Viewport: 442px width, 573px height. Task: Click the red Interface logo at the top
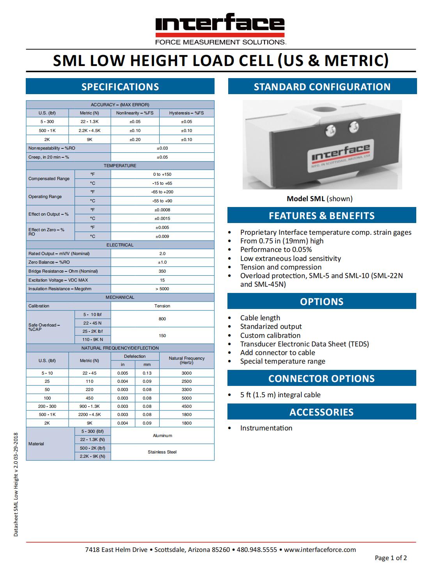(220, 24)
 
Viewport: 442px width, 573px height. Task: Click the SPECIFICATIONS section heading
(120, 87)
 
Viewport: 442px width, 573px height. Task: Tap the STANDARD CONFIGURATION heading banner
(322, 87)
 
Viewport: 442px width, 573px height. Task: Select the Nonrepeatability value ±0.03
(162, 148)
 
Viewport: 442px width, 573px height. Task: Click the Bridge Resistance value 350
(162, 271)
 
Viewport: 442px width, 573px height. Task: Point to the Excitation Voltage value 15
(162, 280)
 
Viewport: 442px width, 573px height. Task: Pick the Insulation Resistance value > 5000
(162, 289)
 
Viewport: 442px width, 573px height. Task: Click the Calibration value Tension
(162, 306)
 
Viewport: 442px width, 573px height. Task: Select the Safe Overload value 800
(162, 319)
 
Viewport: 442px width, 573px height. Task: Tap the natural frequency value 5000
(186, 398)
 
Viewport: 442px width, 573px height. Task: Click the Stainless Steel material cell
(162, 452)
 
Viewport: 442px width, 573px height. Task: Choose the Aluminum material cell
(162, 436)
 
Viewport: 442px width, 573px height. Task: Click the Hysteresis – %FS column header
(186, 113)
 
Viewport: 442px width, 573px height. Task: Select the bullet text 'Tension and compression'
(281, 267)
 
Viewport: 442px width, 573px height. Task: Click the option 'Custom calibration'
(270, 336)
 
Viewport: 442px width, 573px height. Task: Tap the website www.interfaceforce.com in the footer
(320, 550)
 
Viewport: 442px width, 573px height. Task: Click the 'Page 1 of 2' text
(391, 558)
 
